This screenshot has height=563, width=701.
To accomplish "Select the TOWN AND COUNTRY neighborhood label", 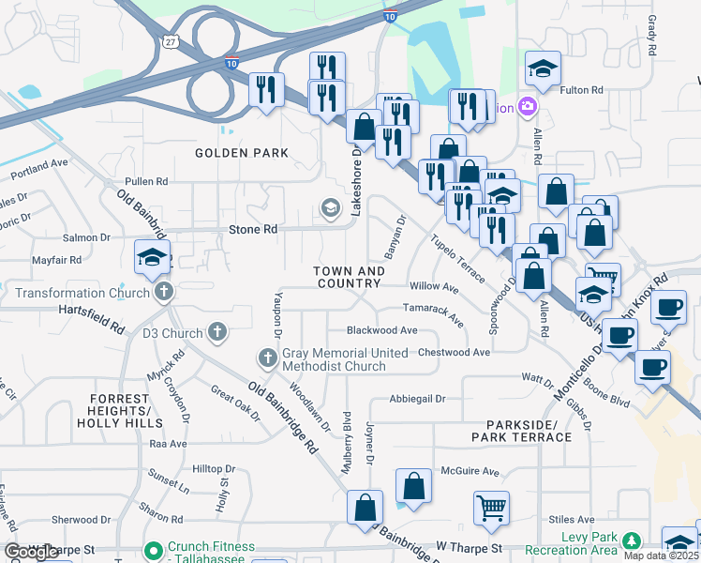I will pos(349,278).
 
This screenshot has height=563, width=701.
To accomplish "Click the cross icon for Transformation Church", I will pos(164,292).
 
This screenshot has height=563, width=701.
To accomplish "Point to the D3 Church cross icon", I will pos(217,332).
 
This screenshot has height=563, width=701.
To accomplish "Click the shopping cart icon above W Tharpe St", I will pos(491,508).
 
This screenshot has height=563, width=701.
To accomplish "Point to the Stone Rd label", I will pos(253,229).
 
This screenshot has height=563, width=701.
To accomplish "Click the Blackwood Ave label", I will pos(381,330).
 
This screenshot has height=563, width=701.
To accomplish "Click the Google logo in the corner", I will pos(32,551).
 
